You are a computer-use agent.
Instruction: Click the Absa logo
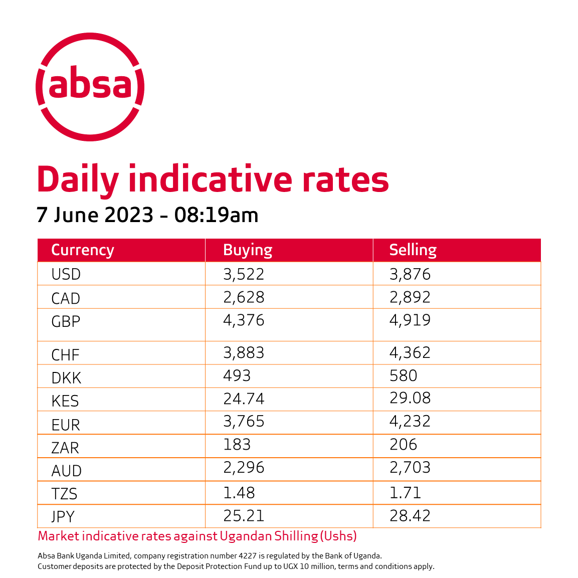(90, 87)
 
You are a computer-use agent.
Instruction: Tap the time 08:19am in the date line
(216, 215)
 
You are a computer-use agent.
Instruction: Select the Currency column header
(83, 250)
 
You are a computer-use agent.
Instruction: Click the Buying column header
(248, 250)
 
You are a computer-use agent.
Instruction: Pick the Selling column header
(413, 250)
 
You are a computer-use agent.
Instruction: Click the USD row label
(66, 274)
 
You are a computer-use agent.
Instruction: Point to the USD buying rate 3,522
(244, 274)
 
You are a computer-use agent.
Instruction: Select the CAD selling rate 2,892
(410, 297)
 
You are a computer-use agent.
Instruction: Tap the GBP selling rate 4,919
(410, 320)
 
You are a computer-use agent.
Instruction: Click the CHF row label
(65, 355)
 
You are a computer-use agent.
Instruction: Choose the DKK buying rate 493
(237, 375)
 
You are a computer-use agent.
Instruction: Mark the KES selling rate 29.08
(410, 398)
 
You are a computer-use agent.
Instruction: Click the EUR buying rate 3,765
(244, 421)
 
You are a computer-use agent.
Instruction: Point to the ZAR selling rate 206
(403, 444)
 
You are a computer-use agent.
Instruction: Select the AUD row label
(66, 471)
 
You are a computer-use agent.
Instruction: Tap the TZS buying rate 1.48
(239, 493)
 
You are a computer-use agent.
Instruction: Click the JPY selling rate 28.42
(410, 516)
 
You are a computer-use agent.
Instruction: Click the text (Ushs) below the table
(338, 536)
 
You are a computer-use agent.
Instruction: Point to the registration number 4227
(248, 555)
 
